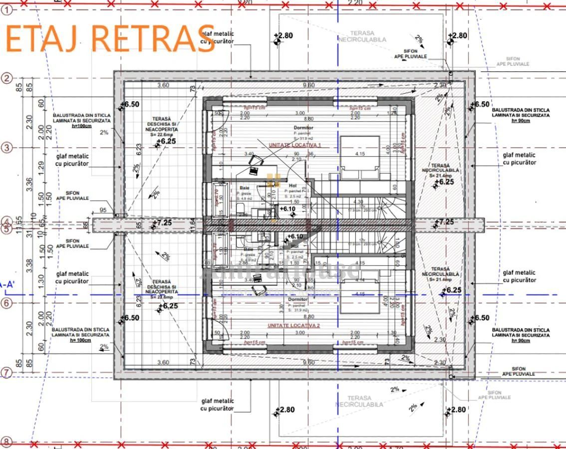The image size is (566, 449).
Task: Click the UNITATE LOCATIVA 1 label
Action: coord(295,145)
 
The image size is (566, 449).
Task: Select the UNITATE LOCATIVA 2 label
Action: coord(293,325)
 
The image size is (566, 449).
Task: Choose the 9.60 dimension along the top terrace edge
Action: coord(308,85)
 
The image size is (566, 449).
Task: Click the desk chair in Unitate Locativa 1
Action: coord(257,161)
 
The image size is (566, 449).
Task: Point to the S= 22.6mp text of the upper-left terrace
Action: coord(165,134)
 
